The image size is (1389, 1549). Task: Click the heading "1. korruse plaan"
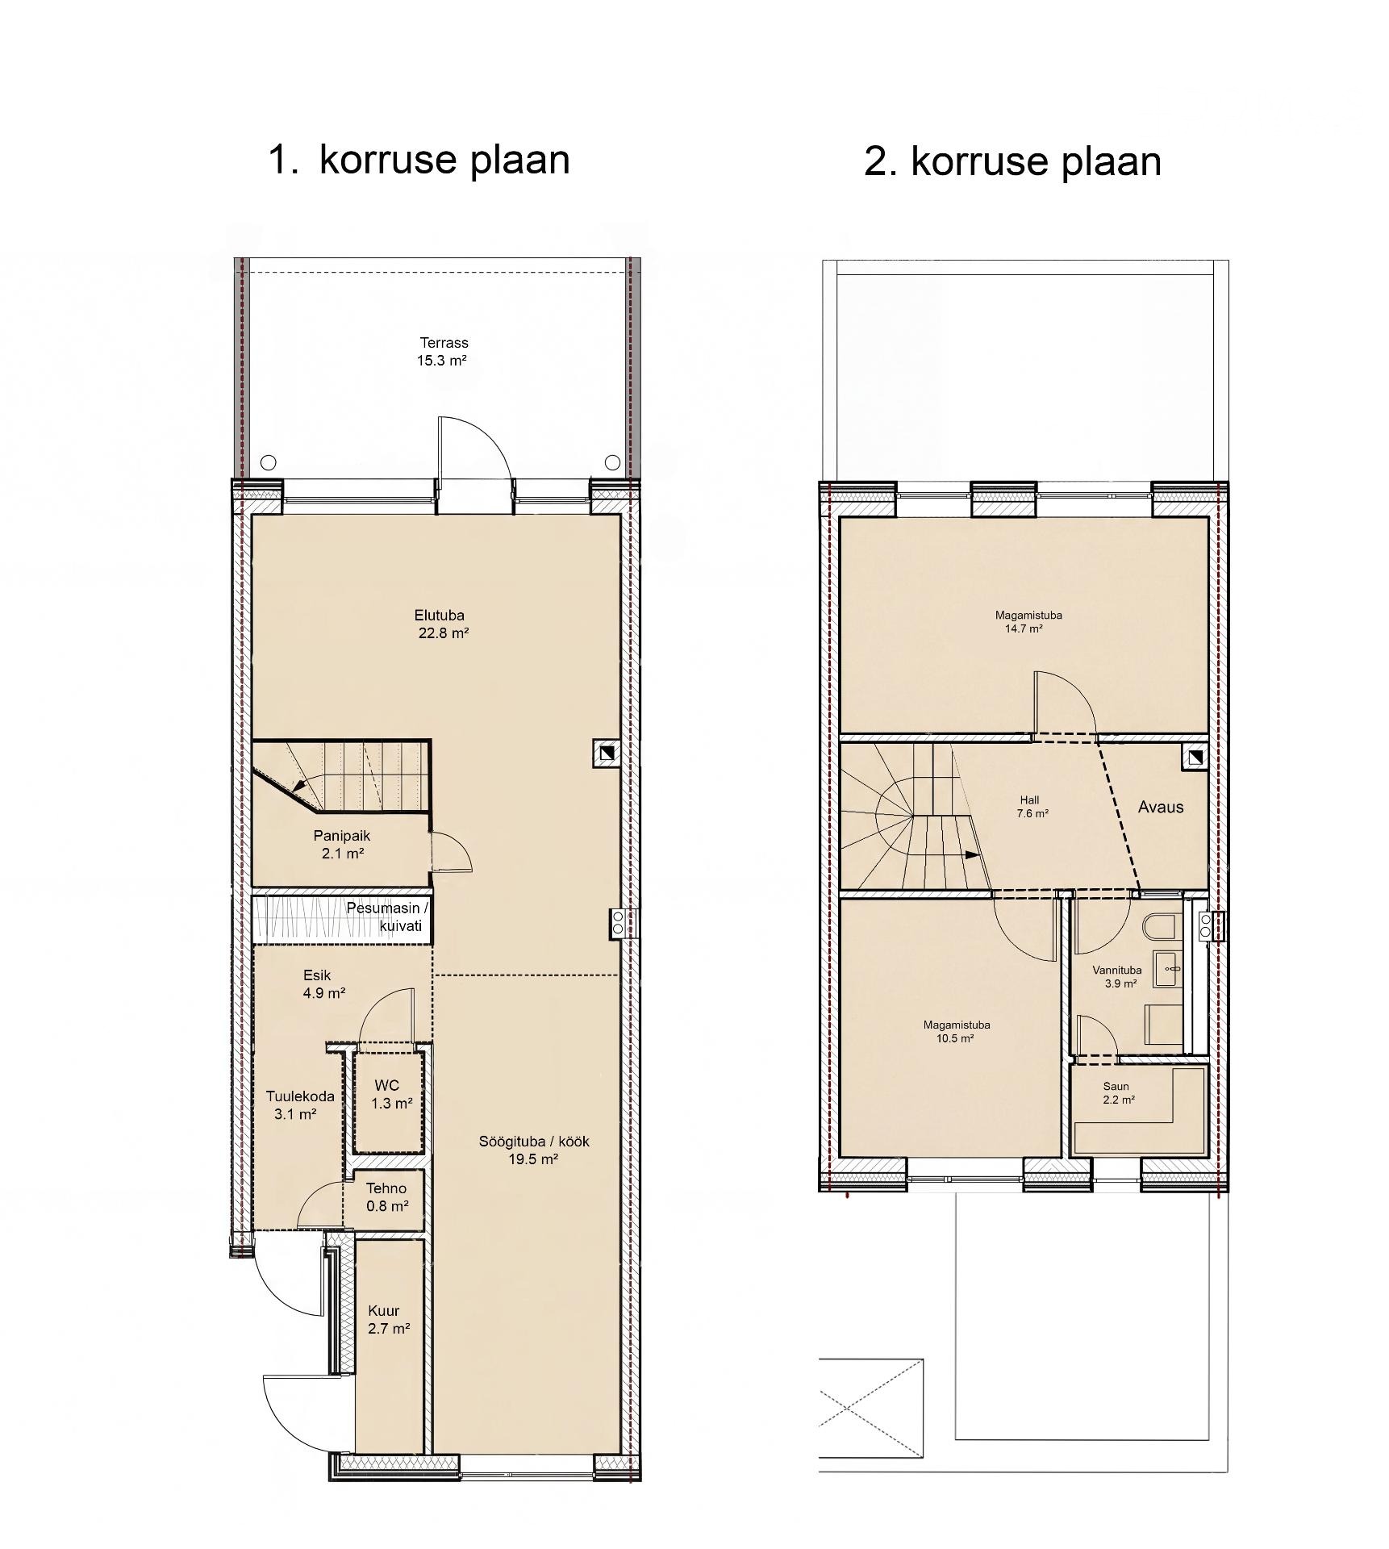coord(419,161)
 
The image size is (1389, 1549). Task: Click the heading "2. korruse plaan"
coord(1012,162)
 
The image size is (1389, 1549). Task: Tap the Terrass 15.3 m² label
coord(443,352)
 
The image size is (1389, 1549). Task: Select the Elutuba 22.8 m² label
coord(443,624)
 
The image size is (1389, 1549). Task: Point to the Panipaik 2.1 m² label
coord(343,845)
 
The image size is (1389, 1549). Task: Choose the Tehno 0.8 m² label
coord(386,1197)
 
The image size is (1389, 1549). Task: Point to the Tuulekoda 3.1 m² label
coord(299,1105)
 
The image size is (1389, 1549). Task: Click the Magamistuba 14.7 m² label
coord(1028,621)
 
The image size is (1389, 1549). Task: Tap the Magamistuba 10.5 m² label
coord(957,1031)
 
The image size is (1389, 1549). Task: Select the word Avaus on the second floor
coord(1161,807)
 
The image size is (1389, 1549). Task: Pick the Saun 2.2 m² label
coord(1117,1092)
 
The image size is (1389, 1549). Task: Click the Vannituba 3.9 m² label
coord(1117,977)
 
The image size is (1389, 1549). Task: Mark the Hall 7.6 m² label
coord(1032,807)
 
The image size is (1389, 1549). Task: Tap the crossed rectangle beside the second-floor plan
coord(871,1408)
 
